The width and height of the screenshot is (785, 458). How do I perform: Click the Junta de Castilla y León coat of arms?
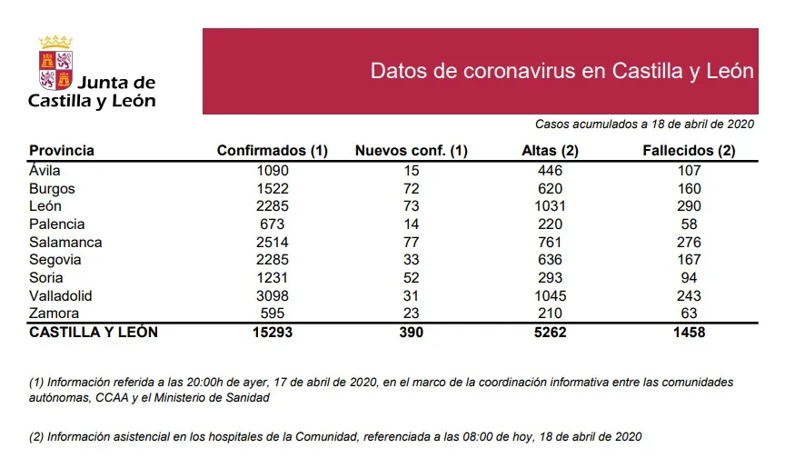coord(55,64)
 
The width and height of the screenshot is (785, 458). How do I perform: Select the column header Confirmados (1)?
coord(272,151)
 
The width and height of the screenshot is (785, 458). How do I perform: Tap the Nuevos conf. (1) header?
coord(411,151)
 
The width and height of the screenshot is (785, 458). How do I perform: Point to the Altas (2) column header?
coord(551,151)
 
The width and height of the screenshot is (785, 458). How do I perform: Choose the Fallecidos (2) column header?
coord(689,151)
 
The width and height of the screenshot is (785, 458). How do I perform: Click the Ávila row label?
coord(46,171)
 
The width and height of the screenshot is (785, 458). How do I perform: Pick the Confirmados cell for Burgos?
coord(272,189)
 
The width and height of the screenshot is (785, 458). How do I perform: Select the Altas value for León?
coord(550,206)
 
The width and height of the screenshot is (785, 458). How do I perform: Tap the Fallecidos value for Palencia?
coord(689,224)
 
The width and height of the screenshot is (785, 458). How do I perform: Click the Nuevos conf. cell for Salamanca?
coord(411,243)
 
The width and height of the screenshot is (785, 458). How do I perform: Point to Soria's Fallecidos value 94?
coord(689,278)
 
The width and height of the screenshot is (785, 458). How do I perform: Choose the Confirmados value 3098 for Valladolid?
coord(272,296)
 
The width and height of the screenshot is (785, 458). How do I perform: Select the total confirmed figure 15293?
coord(272,333)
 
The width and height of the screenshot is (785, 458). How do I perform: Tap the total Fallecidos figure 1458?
coord(689,333)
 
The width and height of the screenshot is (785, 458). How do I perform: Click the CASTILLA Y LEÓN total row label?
coord(94,333)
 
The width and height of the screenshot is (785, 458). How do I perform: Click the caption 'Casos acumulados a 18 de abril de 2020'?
coord(642,124)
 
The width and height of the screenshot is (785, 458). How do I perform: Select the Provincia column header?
coord(62,151)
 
